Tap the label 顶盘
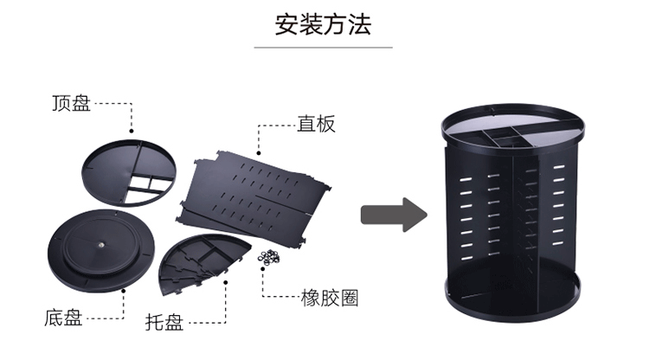coord(71,104)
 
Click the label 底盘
coord(63,318)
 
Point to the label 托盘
coord(164,324)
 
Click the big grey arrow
coord(393,215)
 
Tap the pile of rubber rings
coord(269,257)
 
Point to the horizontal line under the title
coord(324,48)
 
